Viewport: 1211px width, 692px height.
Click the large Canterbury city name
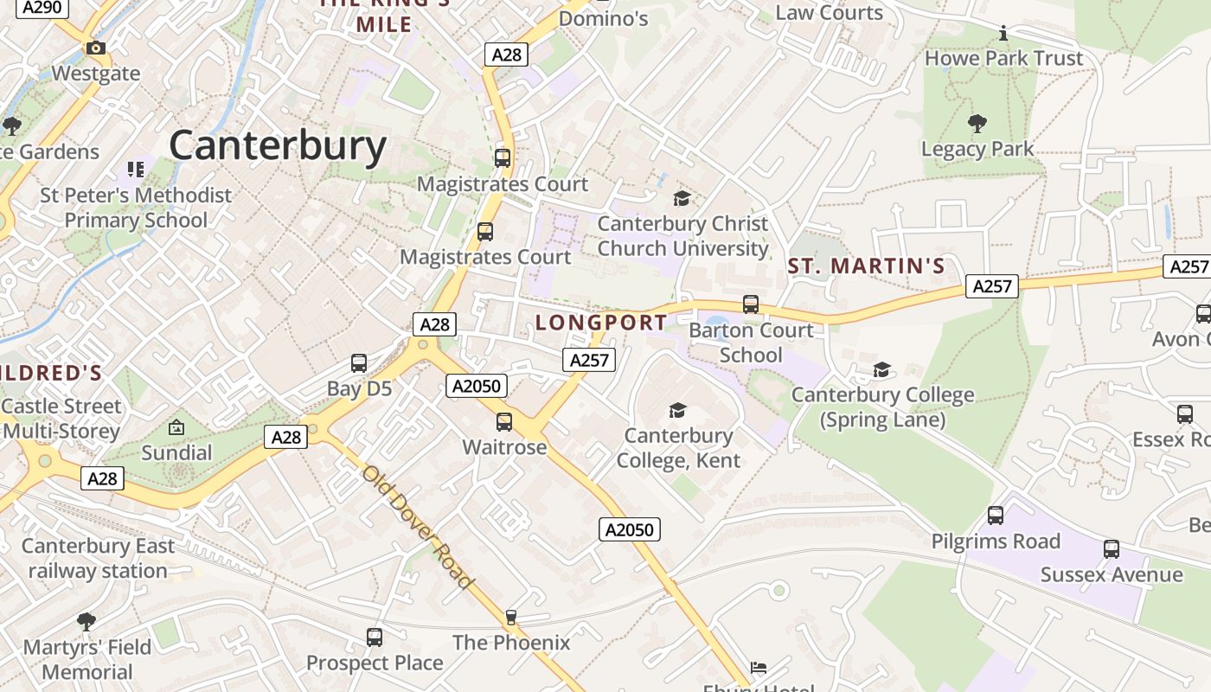point(278,145)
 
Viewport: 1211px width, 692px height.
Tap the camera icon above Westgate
point(96,48)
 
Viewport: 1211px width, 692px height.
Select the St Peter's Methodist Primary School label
point(136,208)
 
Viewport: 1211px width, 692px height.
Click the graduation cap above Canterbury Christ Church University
point(682,199)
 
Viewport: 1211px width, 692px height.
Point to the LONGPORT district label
point(601,323)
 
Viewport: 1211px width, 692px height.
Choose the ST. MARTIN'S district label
point(867,266)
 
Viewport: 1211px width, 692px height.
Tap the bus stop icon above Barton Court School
point(751,304)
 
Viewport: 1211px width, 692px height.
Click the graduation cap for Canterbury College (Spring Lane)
point(881,370)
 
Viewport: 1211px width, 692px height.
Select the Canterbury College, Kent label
point(678,447)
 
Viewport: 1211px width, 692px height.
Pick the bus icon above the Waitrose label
point(504,422)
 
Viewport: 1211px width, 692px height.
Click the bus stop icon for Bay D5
point(359,363)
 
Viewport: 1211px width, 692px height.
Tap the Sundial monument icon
point(176,427)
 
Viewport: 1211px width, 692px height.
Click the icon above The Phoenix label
point(511,617)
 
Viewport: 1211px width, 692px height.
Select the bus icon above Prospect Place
point(375,638)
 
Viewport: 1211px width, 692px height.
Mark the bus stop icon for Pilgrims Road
point(996,516)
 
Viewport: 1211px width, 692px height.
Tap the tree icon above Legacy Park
point(977,124)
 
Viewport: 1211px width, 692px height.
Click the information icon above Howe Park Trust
point(1003,34)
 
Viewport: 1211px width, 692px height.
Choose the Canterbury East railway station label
point(98,558)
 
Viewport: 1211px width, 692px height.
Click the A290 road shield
point(42,8)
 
